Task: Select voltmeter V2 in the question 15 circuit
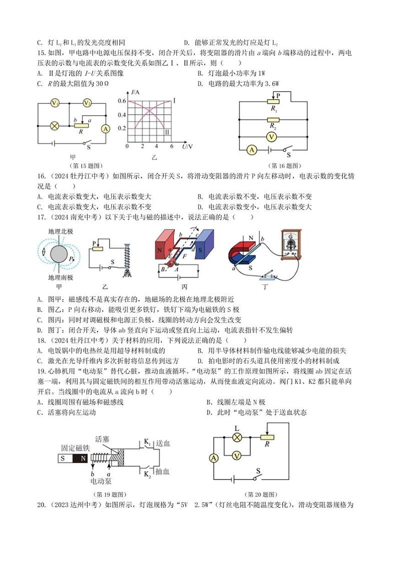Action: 87,103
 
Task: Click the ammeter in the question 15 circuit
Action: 105,128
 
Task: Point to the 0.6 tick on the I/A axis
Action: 121,101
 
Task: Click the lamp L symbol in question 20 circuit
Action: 238,436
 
